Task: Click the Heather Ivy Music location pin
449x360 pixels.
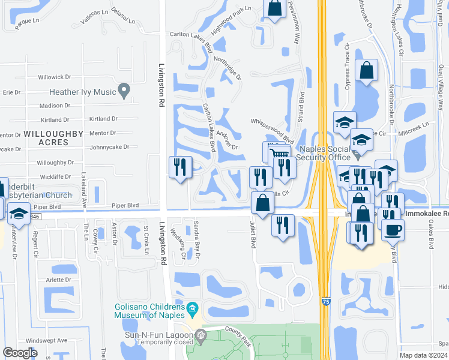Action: click(124, 91)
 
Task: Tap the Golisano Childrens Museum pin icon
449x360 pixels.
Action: click(193, 310)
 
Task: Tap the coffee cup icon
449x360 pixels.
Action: click(393, 229)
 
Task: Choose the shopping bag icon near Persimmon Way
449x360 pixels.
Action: click(274, 8)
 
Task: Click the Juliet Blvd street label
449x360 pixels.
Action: click(252, 236)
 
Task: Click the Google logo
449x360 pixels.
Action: click(20, 353)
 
